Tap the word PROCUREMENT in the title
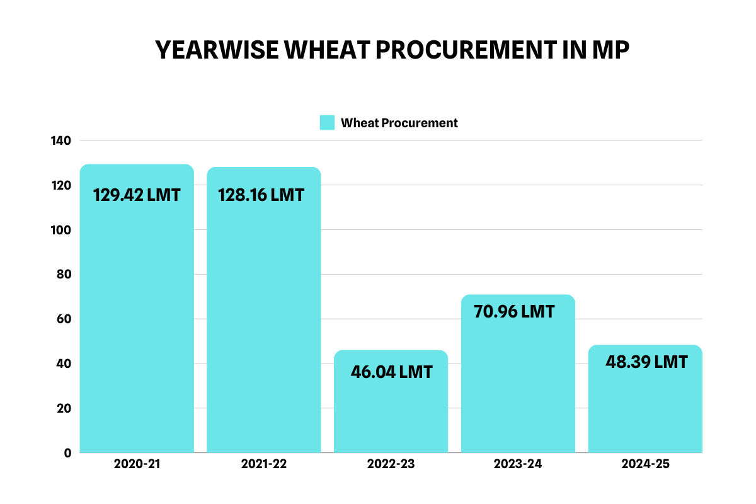pyautogui.click(x=463, y=50)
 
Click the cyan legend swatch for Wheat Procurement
pyautogui.click(x=327, y=123)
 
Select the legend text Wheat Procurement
pyautogui.click(x=399, y=123)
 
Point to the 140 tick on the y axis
pyautogui.click(x=61, y=140)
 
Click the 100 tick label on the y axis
pyautogui.click(x=61, y=230)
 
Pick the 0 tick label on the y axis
pyautogui.click(x=67, y=453)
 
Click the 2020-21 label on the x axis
pyautogui.click(x=137, y=465)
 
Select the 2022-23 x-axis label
pyautogui.click(x=391, y=465)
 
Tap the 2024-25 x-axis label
pyautogui.click(x=644, y=465)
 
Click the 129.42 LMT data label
pyautogui.click(x=137, y=195)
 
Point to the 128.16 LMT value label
pyautogui.click(x=261, y=195)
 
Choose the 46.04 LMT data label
pyautogui.click(x=391, y=372)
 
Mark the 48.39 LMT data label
pyautogui.click(x=646, y=362)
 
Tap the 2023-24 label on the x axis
pyautogui.click(x=518, y=465)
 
